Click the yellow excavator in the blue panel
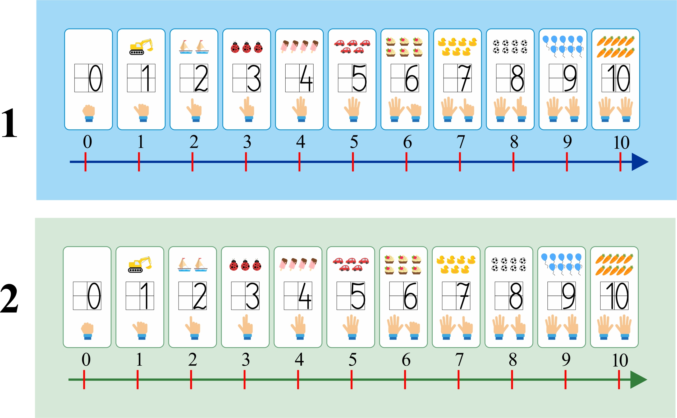pos(141,47)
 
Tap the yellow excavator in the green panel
pos(140,265)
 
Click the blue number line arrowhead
pos(639,162)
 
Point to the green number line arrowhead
pos(638,380)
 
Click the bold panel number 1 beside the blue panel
pos(10,123)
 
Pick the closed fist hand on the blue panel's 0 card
pos(89,113)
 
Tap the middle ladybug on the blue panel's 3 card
pos(246,47)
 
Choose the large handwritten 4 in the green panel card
pos(305,296)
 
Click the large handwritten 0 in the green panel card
pos(94,296)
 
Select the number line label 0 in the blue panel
pos(87,142)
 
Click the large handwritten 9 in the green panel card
pos(568,296)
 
